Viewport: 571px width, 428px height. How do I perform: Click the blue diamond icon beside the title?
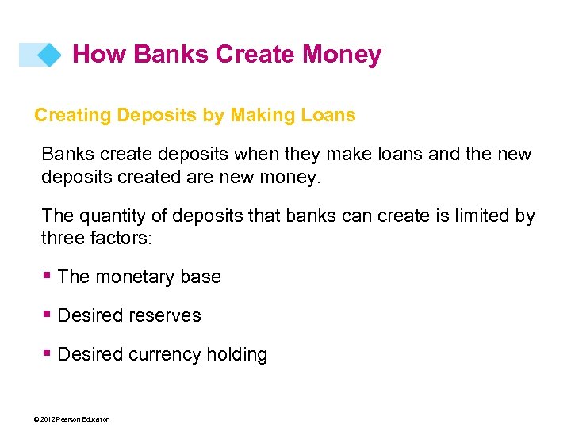click(x=49, y=55)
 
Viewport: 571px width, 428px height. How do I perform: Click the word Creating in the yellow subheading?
click(x=72, y=116)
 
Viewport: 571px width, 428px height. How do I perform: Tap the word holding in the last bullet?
click(x=236, y=355)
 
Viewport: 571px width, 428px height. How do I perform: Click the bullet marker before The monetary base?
click(x=48, y=276)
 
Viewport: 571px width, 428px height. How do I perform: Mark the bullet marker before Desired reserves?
click(x=48, y=315)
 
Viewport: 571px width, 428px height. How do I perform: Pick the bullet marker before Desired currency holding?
click(x=48, y=353)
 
